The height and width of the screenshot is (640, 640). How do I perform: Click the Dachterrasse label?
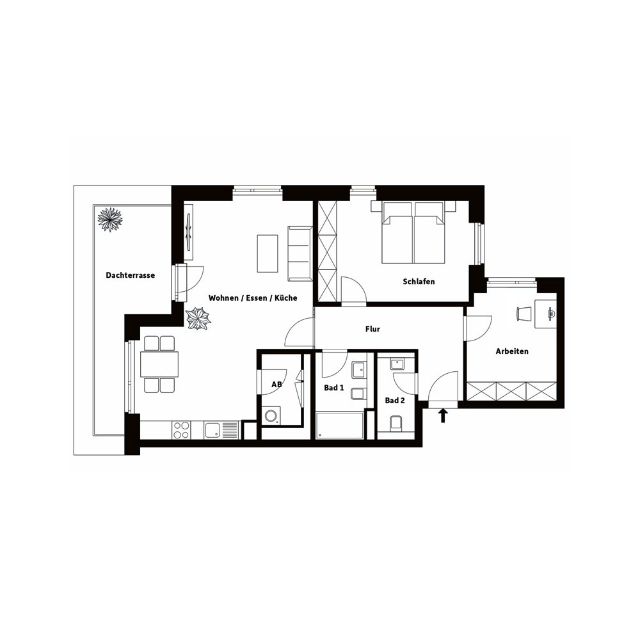tap(130, 275)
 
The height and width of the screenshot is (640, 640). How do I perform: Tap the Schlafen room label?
tap(419, 282)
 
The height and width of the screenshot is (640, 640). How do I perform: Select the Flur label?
tap(372, 329)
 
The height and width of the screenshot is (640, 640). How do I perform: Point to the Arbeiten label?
tap(512, 351)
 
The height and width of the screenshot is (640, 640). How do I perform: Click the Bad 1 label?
tap(334, 388)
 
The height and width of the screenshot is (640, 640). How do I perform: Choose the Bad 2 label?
tap(395, 401)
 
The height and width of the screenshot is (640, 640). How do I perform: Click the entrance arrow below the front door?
tap(443, 417)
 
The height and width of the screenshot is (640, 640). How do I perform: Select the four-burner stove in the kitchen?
tap(181, 430)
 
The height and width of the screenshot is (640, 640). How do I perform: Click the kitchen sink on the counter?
tap(221, 430)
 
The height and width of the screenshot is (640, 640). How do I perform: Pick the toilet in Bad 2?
tap(396, 424)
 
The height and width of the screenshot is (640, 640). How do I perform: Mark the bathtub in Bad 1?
tap(340, 426)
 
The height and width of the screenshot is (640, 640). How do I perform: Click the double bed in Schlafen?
tap(413, 232)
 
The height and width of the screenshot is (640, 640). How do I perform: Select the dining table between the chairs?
tap(159, 364)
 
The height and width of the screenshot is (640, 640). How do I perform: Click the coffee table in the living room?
tap(268, 253)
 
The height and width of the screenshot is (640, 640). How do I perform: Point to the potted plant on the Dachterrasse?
tap(110, 220)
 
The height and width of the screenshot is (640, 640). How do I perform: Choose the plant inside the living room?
tap(198, 318)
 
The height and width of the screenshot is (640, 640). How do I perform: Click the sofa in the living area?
tap(300, 253)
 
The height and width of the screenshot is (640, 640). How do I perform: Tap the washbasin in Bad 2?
tap(397, 364)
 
